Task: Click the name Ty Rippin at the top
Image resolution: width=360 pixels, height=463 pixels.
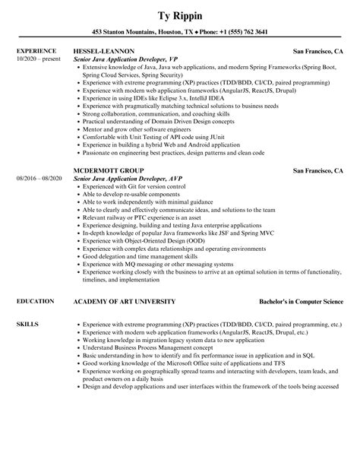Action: point(180,14)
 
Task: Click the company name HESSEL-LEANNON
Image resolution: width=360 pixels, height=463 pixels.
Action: point(106,52)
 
